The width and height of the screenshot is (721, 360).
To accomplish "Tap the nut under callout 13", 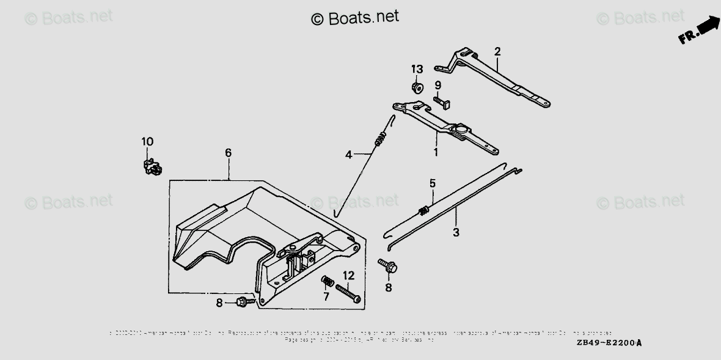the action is click(x=417, y=88).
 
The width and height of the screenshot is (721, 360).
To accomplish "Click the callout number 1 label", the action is click(x=436, y=151).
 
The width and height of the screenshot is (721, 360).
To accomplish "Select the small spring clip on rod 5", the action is click(x=422, y=211).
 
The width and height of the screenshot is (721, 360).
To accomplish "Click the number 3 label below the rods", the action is click(x=456, y=232).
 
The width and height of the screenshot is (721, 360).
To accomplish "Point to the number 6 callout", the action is click(x=228, y=153).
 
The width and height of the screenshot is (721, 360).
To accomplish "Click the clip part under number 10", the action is click(x=151, y=166).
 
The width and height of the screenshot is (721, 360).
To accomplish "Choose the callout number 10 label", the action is click(x=147, y=142).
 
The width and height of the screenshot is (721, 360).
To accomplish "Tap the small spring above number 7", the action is click(x=326, y=282).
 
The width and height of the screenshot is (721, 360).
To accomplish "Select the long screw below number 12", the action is click(x=348, y=293).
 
